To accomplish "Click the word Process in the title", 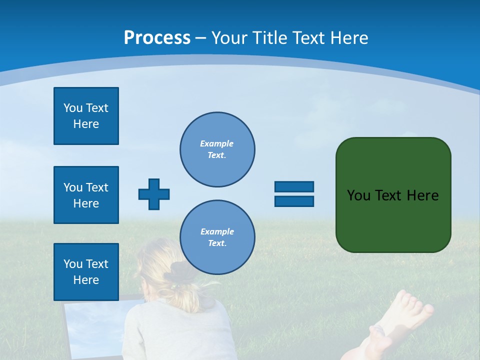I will coord(157,37).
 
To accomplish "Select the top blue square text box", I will coord(86,116).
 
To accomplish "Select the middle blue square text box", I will coord(86,195).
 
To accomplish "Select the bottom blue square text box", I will coord(86,272).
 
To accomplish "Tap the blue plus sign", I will coord(154,194).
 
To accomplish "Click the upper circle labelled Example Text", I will coord(217,149).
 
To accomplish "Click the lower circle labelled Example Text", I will coord(217,237).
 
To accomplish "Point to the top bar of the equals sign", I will coord(294,186).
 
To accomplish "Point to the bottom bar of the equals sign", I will coord(294,201).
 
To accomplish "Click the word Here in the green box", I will coord(422,195).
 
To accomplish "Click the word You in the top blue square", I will coord(73,108).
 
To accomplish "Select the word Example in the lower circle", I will coord(217,231).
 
